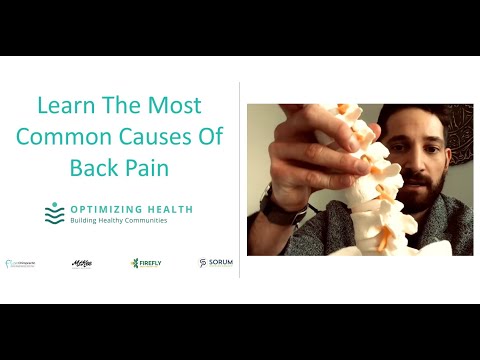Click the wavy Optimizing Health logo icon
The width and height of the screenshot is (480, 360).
(54, 213)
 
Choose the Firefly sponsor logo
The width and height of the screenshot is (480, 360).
(146, 263)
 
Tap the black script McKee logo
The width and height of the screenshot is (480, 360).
(82, 263)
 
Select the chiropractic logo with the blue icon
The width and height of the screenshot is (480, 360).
(21, 264)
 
